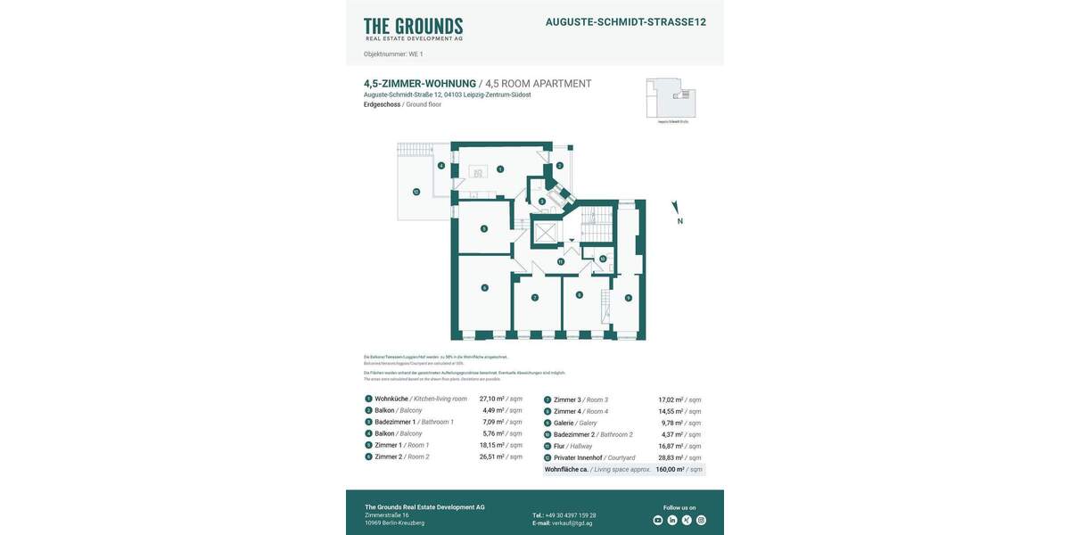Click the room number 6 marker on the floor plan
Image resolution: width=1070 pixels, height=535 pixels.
coord(484,287)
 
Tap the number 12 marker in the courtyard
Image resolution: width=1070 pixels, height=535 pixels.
coord(416,192)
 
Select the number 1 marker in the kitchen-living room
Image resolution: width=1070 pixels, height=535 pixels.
coord(500,169)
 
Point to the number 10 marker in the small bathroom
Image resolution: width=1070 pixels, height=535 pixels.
coord(602,259)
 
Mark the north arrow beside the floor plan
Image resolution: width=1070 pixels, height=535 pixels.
coord(677,212)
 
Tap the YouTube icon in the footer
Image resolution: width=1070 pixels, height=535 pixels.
coord(658,520)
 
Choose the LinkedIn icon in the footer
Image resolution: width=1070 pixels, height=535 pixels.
coord(672,520)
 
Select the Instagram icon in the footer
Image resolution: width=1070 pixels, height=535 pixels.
coord(701,520)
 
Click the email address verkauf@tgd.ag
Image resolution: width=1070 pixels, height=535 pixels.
coord(572,523)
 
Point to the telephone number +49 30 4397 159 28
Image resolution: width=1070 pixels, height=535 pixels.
coord(571,515)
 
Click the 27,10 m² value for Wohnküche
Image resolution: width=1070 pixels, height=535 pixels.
coord(491,399)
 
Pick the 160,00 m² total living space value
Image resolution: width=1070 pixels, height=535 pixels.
coord(670,469)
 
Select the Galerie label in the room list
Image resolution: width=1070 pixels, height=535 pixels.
coord(564,423)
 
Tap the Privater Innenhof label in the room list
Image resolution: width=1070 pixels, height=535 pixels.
coord(578,457)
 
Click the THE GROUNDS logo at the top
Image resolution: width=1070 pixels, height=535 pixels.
coord(413,29)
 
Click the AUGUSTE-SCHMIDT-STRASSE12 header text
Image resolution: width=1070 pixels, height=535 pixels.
coord(625,22)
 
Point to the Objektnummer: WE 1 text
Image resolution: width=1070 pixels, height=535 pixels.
coord(393,54)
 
